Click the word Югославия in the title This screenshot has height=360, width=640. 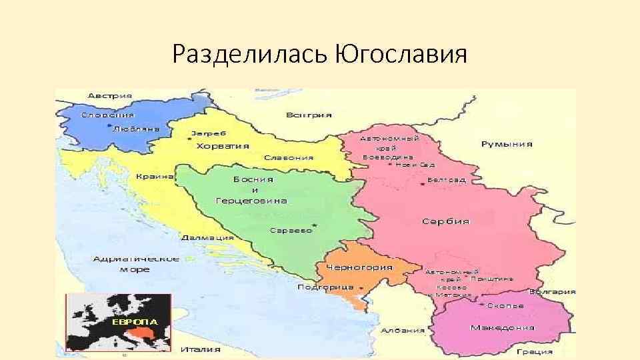(398, 53)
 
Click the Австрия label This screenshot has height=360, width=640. (109, 95)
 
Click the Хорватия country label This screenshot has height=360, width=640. (223, 145)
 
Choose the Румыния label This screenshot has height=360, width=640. (507, 144)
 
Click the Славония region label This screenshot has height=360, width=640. (289, 158)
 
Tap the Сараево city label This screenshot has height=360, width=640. (291, 230)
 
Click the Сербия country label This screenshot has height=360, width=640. (445, 221)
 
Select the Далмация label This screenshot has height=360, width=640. (209, 237)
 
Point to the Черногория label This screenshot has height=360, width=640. (359, 267)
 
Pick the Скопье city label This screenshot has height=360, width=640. (505, 305)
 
